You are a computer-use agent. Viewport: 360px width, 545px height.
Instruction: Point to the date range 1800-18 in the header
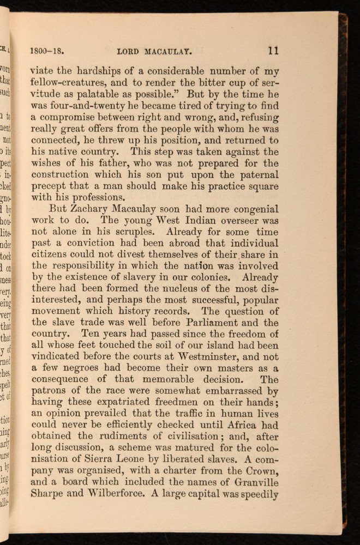point(48,53)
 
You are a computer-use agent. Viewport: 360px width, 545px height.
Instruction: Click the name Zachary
point(86,209)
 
